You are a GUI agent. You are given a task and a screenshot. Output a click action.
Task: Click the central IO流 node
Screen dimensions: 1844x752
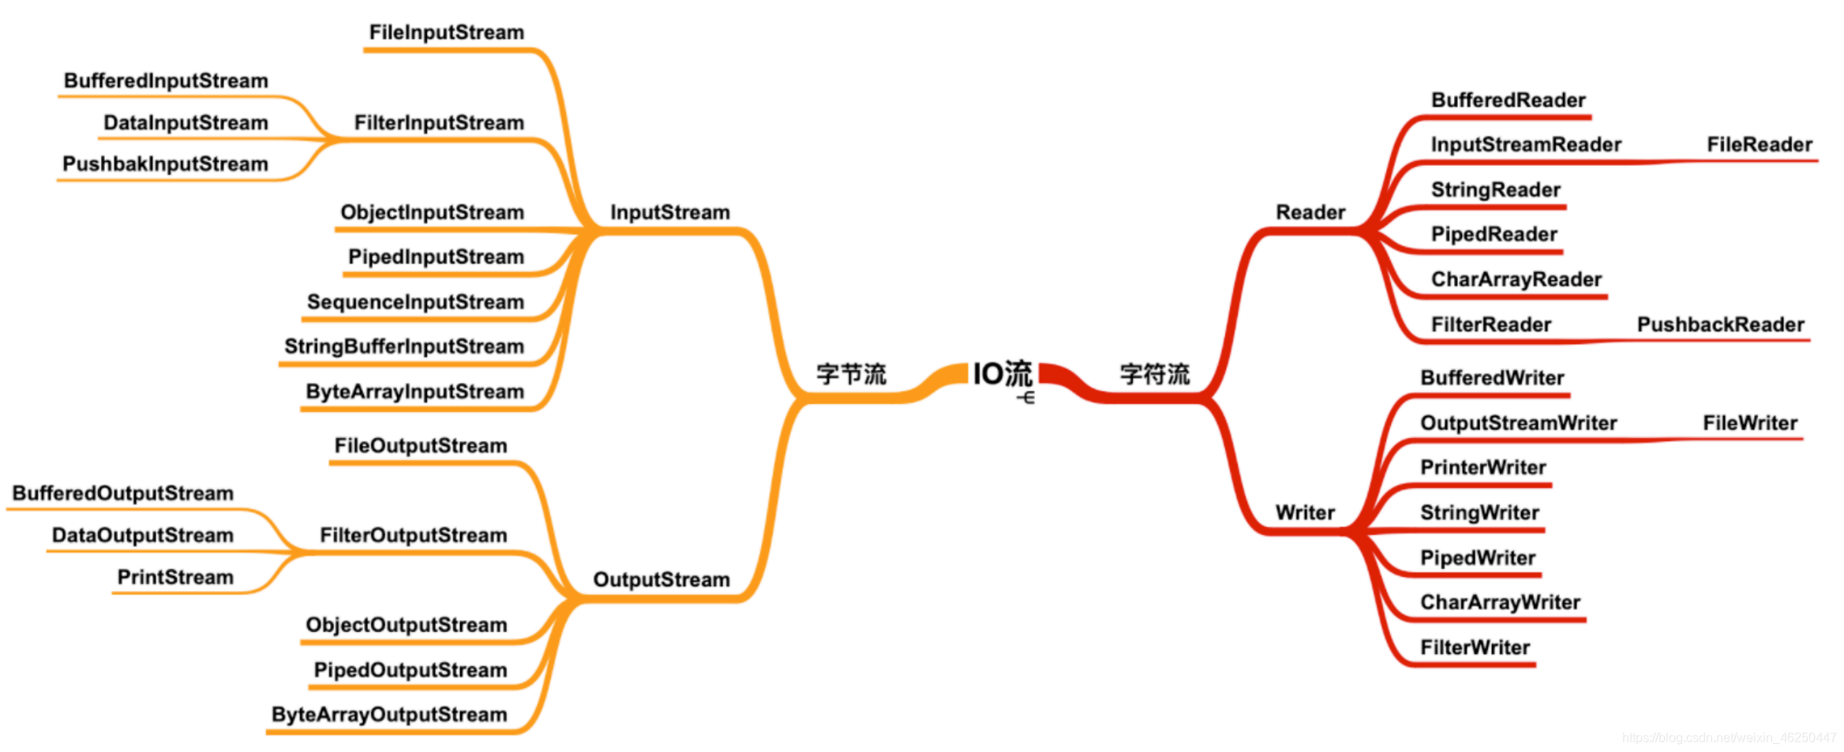[1002, 373]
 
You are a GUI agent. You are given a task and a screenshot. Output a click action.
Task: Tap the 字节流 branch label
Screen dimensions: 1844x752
[851, 374]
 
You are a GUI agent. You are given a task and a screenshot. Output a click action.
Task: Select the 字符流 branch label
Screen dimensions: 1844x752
[1154, 374]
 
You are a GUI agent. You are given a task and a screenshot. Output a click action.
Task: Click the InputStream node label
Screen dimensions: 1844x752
[669, 212]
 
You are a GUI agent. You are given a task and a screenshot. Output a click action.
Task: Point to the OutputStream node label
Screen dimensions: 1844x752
[661, 580]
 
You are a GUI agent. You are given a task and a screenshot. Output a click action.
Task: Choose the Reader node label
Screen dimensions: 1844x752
[1310, 212]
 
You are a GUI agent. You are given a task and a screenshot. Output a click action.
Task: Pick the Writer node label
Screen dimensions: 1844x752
[1305, 513]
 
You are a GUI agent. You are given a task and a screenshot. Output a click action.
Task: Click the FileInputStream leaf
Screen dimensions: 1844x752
[446, 32]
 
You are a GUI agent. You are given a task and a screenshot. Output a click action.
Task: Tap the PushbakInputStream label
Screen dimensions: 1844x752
[165, 164]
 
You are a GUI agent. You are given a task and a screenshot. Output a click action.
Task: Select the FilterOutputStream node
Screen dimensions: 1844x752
[413, 535]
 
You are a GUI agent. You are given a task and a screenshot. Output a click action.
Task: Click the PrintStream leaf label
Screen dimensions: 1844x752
[175, 577]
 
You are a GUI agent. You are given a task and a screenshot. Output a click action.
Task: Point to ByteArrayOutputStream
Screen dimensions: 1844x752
[389, 714]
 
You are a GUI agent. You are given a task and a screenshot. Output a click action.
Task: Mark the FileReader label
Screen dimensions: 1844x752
[1759, 144]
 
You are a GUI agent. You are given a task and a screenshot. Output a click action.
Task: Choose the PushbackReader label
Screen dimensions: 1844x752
[1720, 324]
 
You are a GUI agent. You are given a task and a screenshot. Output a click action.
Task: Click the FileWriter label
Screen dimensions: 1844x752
[1749, 423]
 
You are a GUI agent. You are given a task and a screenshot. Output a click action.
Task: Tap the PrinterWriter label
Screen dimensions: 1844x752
[1482, 467]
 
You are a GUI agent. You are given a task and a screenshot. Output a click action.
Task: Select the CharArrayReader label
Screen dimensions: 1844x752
[1516, 279]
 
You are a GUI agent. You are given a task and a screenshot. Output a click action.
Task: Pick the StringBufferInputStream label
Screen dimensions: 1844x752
[404, 346]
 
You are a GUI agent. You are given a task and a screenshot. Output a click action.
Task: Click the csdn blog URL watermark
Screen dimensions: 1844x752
[1729, 738]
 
